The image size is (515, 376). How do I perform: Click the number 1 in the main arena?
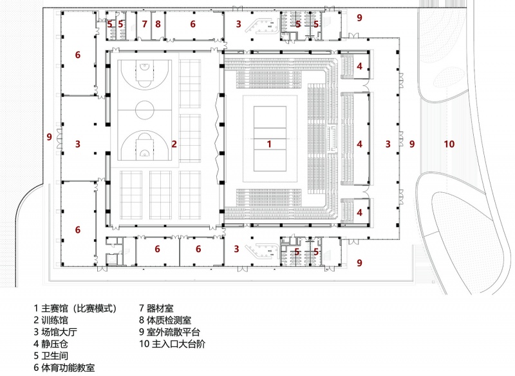[269, 144]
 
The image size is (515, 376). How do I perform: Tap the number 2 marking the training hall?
[174, 144]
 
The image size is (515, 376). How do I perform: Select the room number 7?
[144, 24]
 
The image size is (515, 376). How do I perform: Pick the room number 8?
[158, 24]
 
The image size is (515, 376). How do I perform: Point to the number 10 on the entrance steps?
[449, 144]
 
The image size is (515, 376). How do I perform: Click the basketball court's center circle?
[144, 101]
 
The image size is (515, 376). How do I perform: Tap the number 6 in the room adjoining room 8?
[192, 24]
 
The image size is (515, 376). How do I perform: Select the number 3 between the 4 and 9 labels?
[388, 144]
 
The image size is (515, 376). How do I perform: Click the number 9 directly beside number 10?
[412, 144]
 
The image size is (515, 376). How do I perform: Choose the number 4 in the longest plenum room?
[359, 144]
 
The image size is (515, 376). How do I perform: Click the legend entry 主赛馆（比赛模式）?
[75, 308]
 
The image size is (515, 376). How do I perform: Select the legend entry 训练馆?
[51, 320]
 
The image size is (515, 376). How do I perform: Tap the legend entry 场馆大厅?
[55, 332]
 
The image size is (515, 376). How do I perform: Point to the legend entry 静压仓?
[51, 344]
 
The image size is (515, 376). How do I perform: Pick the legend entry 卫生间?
[51, 355]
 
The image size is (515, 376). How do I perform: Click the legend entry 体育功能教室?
[64, 368]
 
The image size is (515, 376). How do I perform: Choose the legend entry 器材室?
[156, 308]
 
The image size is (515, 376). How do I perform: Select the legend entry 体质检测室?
[165, 320]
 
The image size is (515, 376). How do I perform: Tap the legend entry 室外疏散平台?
[169, 332]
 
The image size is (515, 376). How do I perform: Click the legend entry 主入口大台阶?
[172, 344]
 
